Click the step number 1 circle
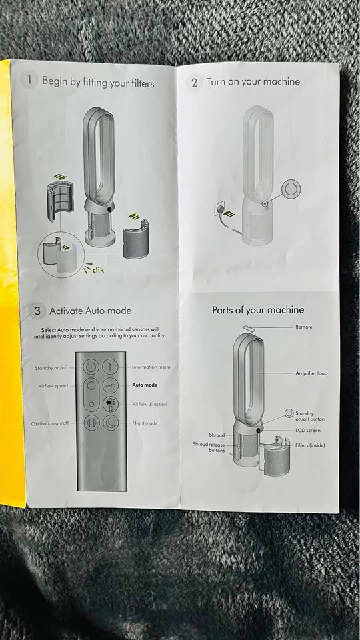click(29, 79)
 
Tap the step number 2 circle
click(194, 83)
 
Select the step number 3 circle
click(37, 311)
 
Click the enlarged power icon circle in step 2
click(291, 189)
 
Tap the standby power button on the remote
click(91, 367)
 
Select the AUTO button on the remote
click(110, 385)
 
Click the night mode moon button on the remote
click(110, 423)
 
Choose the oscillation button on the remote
click(91, 423)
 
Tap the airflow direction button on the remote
click(110, 404)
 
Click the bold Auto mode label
click(145, 385)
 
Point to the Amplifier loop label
click(311, 373)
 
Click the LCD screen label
click(308, 430)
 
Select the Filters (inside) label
click(310, 445)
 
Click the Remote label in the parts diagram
click(304, 327)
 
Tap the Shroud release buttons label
click(209, 447)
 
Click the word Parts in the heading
click(223, 310)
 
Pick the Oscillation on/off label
click(50, 424)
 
